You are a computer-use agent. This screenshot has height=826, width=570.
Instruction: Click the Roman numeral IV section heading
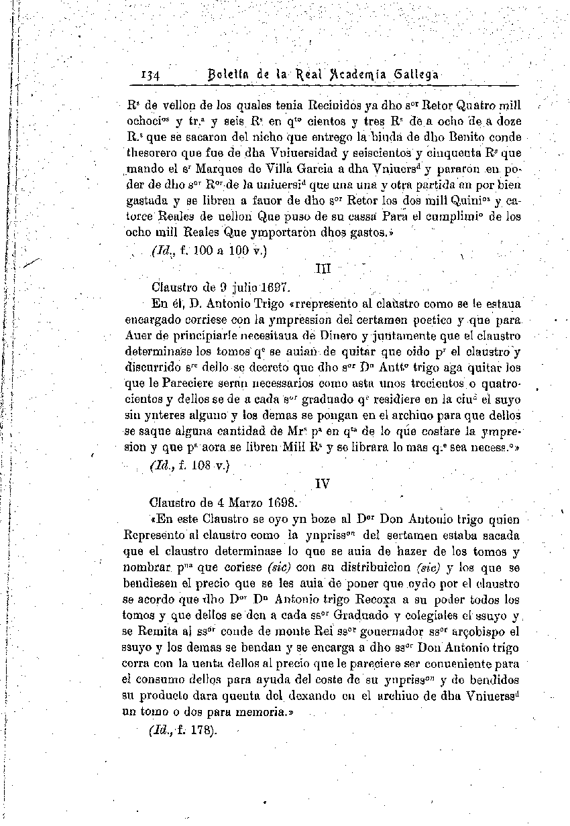point(323,483)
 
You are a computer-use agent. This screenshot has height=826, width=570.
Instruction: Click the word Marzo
point(225,502)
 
